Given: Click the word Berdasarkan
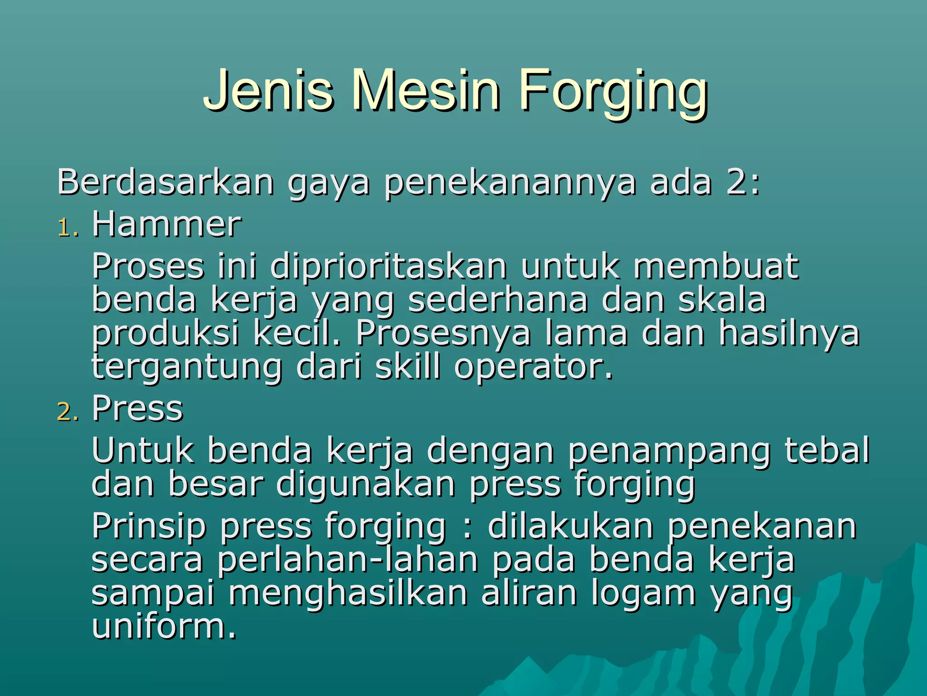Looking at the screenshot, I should (166, 182).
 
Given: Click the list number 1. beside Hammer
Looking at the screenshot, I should (68, 228).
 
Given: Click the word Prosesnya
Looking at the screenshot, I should (443, 334).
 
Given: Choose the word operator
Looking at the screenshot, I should (533, 367).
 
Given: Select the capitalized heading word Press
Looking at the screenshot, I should (138, 408).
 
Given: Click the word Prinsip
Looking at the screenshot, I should (149, 527).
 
